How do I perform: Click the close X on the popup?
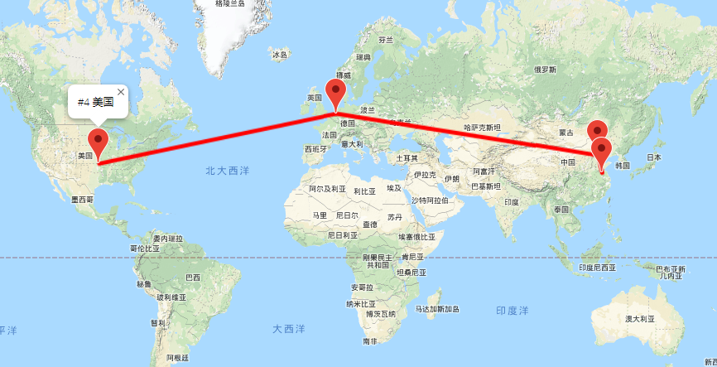tap(121, 91)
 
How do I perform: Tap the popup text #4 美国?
tap(95, 102)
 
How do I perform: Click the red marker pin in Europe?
tap(336, 93)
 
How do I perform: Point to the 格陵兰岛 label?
tap(229, 3)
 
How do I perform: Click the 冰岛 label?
tap(279, 55)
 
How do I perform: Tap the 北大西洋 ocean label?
tap(227, 170)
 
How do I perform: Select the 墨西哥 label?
tap(83, 200)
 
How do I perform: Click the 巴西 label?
tap(193, 277)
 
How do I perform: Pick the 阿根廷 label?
tap(177, 357)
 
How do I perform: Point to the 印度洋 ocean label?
tap(512, 311)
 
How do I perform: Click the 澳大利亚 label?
tap(639, 318)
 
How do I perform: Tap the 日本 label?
tap(653, 157)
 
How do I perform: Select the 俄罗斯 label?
tap(546, 70)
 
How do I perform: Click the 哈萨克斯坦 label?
tap(482, 128)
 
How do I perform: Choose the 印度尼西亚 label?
tap(597, 268)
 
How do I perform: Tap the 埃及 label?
tap(395, 188)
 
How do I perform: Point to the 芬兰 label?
tap(386, 39)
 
